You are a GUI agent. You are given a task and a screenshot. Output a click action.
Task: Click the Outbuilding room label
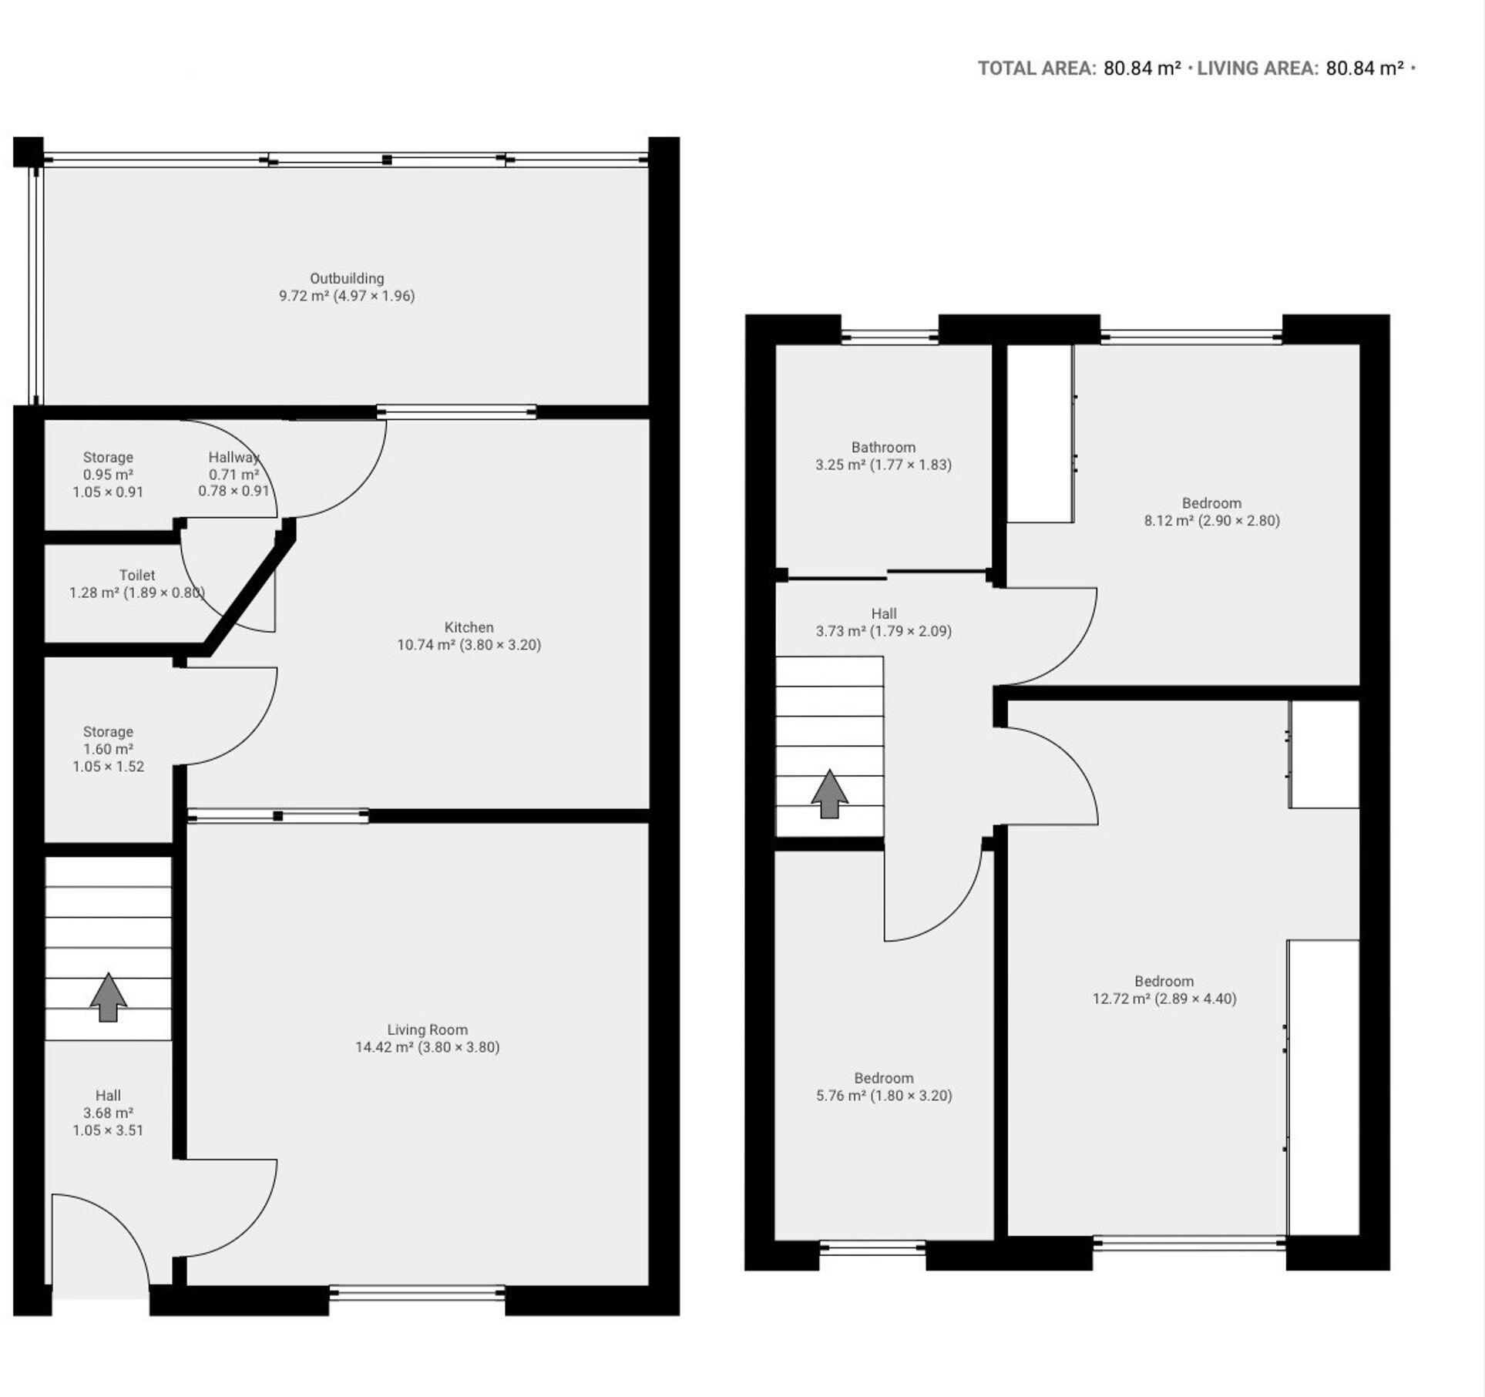347,279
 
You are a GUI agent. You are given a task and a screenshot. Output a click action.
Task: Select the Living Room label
427,1029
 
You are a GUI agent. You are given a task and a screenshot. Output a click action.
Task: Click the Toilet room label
137,576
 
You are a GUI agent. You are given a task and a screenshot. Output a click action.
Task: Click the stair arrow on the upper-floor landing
829,794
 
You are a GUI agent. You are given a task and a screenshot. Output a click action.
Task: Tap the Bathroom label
883,448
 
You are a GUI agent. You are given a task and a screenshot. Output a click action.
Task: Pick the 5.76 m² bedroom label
883,1079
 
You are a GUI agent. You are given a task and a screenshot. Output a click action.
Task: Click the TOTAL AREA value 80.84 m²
1141,69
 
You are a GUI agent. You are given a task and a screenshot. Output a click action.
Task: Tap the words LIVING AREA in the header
1257,69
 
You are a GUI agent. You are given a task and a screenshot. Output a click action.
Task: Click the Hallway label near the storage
234,458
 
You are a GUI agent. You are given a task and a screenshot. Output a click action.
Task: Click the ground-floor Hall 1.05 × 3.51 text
108,1130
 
